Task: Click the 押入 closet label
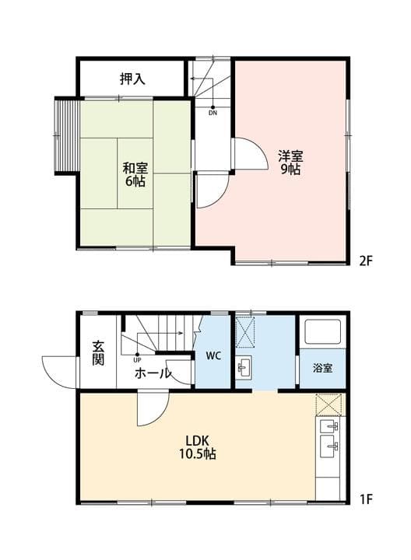tap(132, 79)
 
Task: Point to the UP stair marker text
tap(137, 360)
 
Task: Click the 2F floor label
tap(367, 261)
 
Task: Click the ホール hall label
tap(153, 373)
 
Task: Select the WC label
tap(214, 355)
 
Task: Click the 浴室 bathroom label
tap(323, 367)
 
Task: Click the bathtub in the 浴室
tap(324, 334)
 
